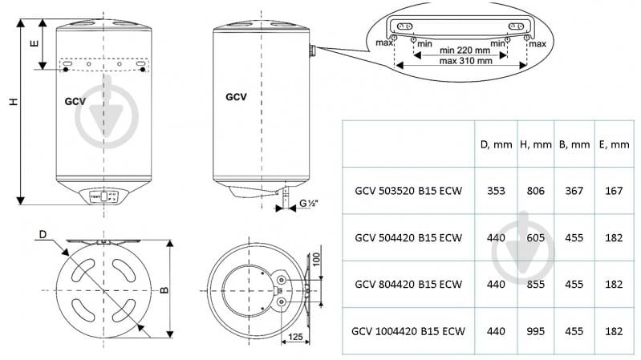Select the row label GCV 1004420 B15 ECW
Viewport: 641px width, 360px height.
pyautogui.click(x=408, y=330)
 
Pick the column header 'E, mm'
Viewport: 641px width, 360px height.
pyautogui.click(x=614, y=144)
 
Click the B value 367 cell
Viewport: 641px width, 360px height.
pyautogui.click(x=574, y=192)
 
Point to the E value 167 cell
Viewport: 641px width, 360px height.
pyautogui.click(x=614, y=192)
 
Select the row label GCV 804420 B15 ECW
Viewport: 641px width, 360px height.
pyautogui.click(x=408, y=284)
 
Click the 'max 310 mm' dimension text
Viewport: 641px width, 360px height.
pyautogui.click(x=460, y=62)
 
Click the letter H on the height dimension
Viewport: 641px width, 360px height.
pyautogui.click(x=12, y=103)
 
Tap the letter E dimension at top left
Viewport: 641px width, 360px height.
pyautogui.click(x=33, y=44)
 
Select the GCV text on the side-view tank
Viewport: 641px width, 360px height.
pyautogui.click(x=235, y=97)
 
